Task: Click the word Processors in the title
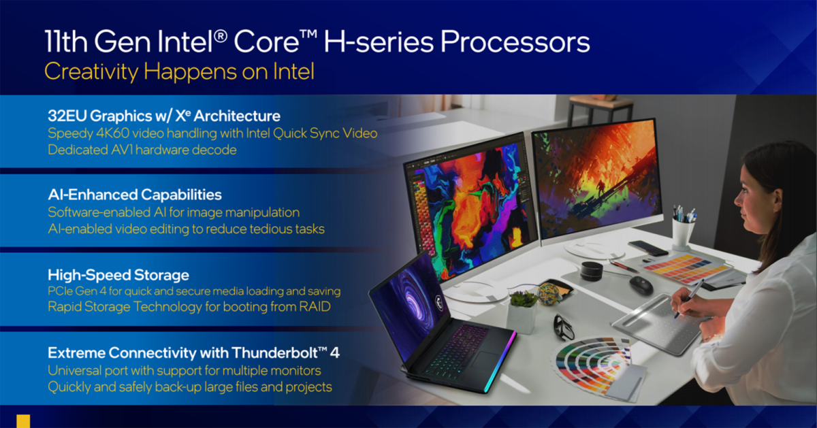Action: (515, 42)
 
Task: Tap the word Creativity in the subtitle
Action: (91, 72)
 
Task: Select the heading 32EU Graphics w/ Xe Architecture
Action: (164, 116)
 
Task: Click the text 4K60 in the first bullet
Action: (113, 133)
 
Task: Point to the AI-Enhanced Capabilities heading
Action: (135, 195)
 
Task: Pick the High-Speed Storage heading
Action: (118, 276)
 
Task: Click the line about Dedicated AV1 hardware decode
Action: (142, 150)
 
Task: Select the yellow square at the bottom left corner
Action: (23, 421)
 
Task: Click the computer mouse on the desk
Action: (641, 284)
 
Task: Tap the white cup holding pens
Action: (683, 233)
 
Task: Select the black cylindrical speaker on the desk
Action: (591, 271)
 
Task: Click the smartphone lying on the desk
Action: (648, 248)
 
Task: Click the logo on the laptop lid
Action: (438, 303)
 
